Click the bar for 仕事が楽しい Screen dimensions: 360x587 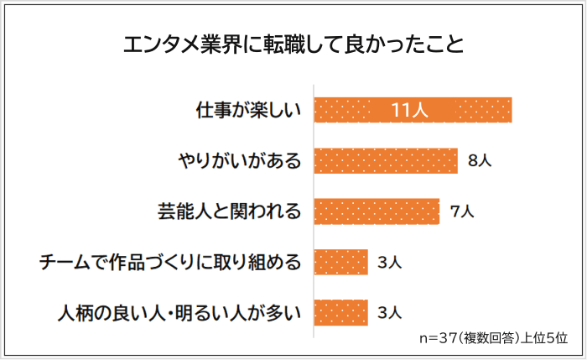point(413,110)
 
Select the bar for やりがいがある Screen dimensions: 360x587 point(386,160)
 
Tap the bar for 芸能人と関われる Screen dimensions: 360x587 point(377,211)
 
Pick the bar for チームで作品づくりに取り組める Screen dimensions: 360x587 point(341,263)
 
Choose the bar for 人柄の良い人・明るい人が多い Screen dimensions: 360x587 point(341,313)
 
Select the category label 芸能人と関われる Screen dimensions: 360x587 point(229,211)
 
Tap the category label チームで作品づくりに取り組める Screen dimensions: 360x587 point(170,263)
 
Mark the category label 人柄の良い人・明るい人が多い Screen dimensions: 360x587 point(179,313)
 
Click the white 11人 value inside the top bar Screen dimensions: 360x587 point(411,110)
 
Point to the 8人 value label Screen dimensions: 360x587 point(479,161)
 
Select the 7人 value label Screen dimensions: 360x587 point(461,211)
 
